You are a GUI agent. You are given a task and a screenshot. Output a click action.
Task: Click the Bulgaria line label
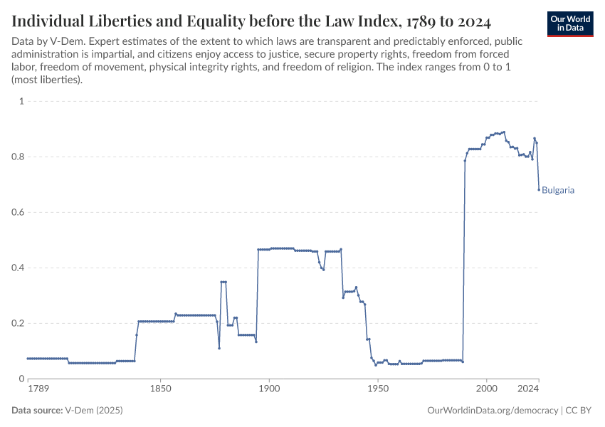coord(558,191)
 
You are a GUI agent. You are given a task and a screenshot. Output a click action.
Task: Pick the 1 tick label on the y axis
coord(21,102)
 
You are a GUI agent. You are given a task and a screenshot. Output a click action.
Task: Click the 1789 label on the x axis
coord(38,390)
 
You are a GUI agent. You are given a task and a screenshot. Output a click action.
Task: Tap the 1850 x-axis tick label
coord(160,390)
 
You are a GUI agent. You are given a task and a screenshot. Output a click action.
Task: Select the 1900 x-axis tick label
coord(269,390)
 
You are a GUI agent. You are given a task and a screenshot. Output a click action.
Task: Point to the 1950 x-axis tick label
coord(378,390)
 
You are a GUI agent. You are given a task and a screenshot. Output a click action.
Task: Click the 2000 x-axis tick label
coord(487,390)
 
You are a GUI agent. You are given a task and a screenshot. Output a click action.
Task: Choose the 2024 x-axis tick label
coord(527,390)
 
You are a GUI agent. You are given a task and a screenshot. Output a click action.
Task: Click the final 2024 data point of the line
coord(539,189)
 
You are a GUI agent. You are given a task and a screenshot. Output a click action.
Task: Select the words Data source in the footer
coord(37,411)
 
